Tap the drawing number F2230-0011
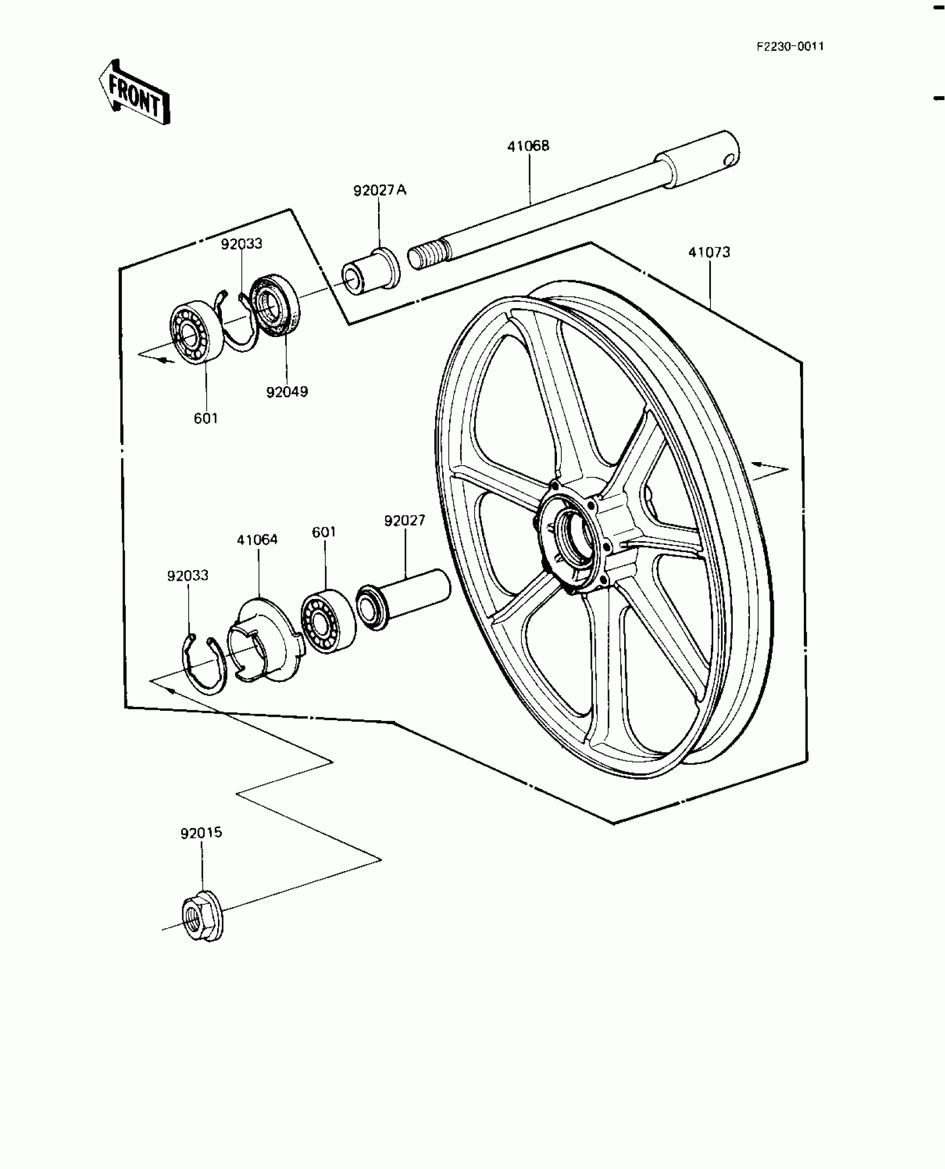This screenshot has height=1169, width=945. (x=789, y=47)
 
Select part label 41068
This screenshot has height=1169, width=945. (x=528, y=146)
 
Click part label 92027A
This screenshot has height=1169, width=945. (x=380, y=191)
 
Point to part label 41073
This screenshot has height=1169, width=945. (x=709, y=252)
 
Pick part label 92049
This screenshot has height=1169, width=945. (x=287, y=392)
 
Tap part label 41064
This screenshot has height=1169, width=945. (x=257, y=539)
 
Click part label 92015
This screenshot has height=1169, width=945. (x=201, y=849)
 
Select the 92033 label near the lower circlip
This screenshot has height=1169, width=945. (x=188, y=576)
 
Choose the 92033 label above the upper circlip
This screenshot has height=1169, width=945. (x=242, y=244)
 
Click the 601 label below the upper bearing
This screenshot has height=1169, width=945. (x=206, y=418)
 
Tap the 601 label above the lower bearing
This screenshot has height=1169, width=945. (x=324, y=532)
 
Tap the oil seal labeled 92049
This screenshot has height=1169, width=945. (x=274, y=305)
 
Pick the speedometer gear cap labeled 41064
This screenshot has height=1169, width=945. (x=264, y=640)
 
